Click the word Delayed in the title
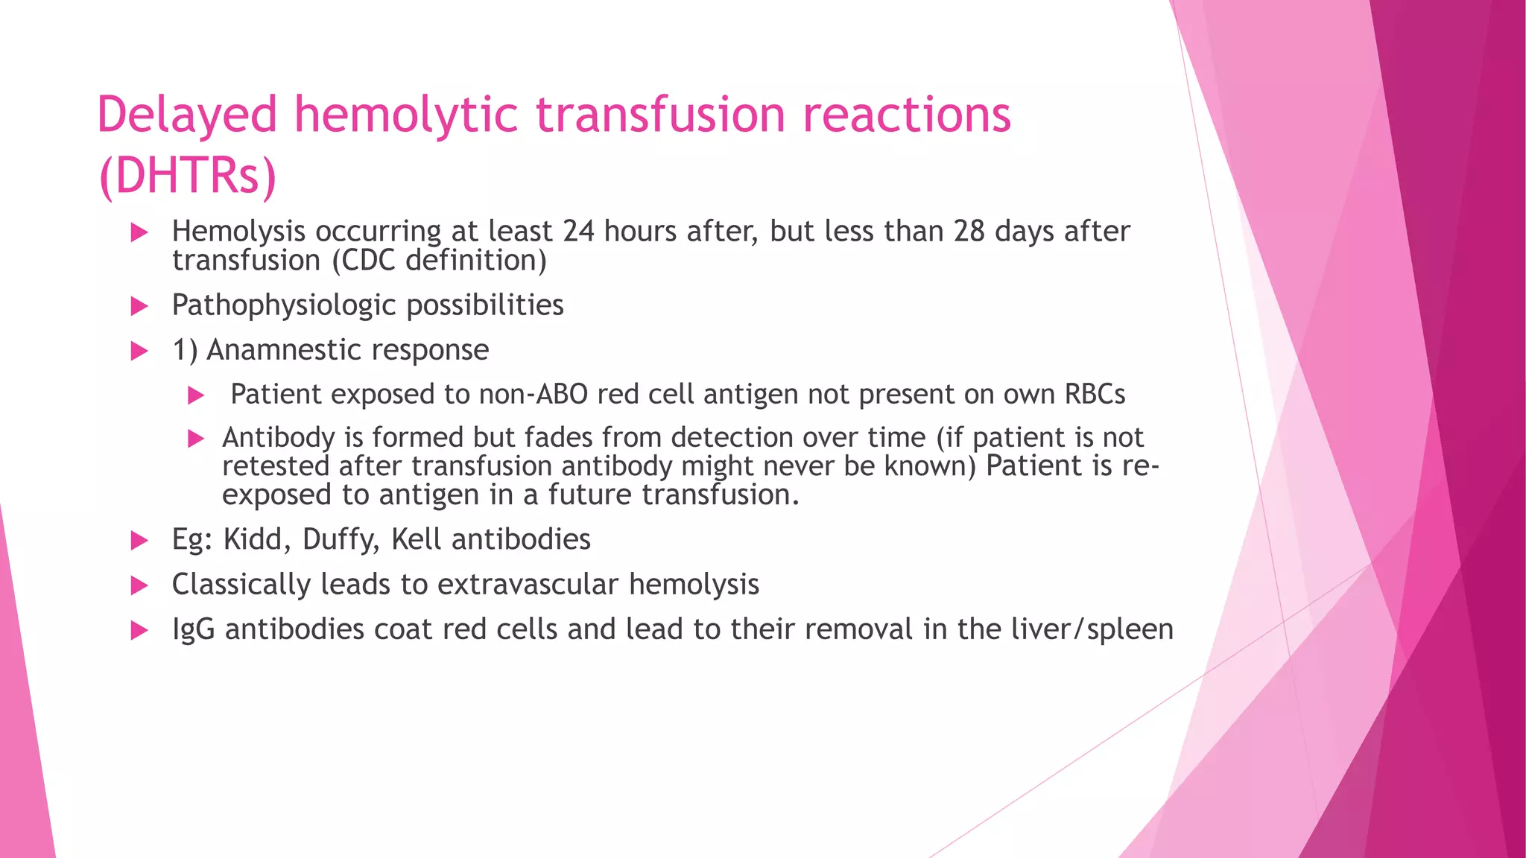click(x=187, y=116)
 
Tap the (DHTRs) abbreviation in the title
click(x=187, y=176)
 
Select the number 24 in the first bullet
click(x=578, y=232)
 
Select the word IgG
click(x=194, y=630)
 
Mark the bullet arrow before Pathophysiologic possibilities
click(x=139, y=306)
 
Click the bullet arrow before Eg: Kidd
click(x=139, y=541)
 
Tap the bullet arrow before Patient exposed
click(x=196, y=395)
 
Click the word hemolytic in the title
click(x=406, y=116)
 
